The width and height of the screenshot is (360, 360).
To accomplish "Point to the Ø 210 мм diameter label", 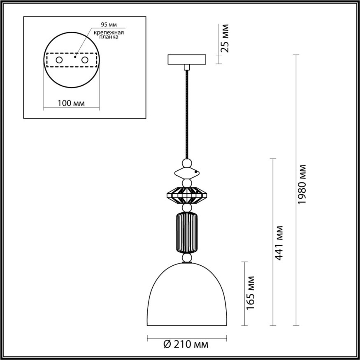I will click(x=186, y=344).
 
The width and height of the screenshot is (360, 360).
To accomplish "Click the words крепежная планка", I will click(x=108, y=35).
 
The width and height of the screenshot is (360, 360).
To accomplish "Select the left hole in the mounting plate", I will click(x=59, y=60).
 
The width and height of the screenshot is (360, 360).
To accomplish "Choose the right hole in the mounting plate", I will click(x=85, y=60).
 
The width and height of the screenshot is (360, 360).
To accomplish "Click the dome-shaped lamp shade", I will click(x=187, y=296).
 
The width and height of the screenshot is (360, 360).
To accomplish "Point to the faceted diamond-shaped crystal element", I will click(x=187, y=195).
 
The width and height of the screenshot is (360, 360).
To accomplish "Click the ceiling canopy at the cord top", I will click(x=187, y=59).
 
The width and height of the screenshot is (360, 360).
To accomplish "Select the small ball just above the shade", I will click(x=187, y=258).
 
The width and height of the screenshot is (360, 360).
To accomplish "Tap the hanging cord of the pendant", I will click(x=187, y=115).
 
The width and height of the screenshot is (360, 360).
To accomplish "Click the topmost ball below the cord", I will click(x=187, y=164).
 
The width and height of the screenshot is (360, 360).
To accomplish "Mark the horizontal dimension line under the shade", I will click(x=187, y=338).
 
